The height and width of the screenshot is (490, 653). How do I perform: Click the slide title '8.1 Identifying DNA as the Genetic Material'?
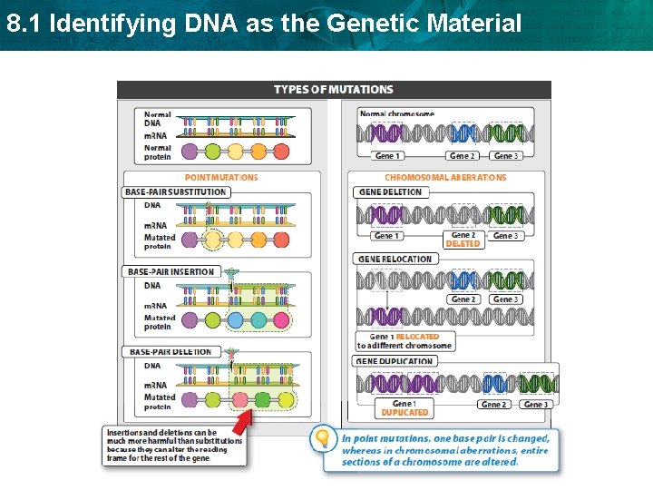point(264,23)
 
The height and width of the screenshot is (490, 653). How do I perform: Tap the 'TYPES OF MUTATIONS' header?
point(333,89)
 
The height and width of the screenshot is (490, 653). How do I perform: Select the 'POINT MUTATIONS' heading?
point(221,178)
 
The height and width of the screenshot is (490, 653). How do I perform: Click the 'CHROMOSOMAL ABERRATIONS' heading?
point(445,178)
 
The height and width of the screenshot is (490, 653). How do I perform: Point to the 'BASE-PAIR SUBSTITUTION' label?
point(176,192)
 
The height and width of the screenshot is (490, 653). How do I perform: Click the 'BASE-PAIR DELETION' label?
point(170,352)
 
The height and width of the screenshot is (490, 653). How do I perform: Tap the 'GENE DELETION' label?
point(390,192)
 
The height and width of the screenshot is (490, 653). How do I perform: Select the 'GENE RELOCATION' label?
point(395,259)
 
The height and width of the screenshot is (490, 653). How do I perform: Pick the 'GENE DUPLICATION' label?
point(396,361)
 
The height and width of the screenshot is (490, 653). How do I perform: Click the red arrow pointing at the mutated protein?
point(241,422)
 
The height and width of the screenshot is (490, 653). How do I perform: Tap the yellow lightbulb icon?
point(321,439)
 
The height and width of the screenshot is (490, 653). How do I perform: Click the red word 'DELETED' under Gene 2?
point(463,244)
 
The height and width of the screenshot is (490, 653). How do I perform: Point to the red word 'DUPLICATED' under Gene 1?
point(404,413)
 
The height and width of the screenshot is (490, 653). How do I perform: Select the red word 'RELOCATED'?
point(417,337)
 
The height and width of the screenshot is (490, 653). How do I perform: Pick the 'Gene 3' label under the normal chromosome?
point(505,156)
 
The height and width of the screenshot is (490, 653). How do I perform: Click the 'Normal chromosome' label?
point(396,114)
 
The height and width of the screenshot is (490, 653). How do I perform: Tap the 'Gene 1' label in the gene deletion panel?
point(385,236)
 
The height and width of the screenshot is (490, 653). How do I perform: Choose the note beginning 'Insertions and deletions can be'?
point(173,445)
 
